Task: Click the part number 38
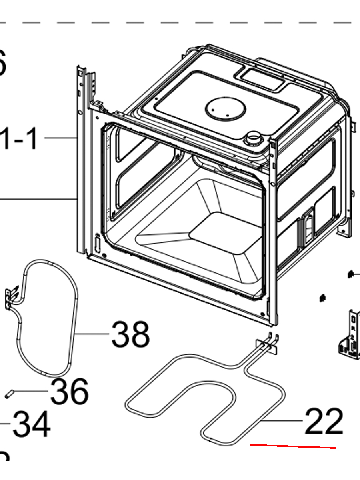[x=130, y=334]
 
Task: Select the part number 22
[x=324, y=422]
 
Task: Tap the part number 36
[x=69, y=392]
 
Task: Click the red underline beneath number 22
[x=293, y=446]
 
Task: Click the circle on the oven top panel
[x=224, y=108]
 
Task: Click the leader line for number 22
[x=282, y=421]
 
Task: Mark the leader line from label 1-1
[x=60, y=138]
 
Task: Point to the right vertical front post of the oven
[x=274, y=232]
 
